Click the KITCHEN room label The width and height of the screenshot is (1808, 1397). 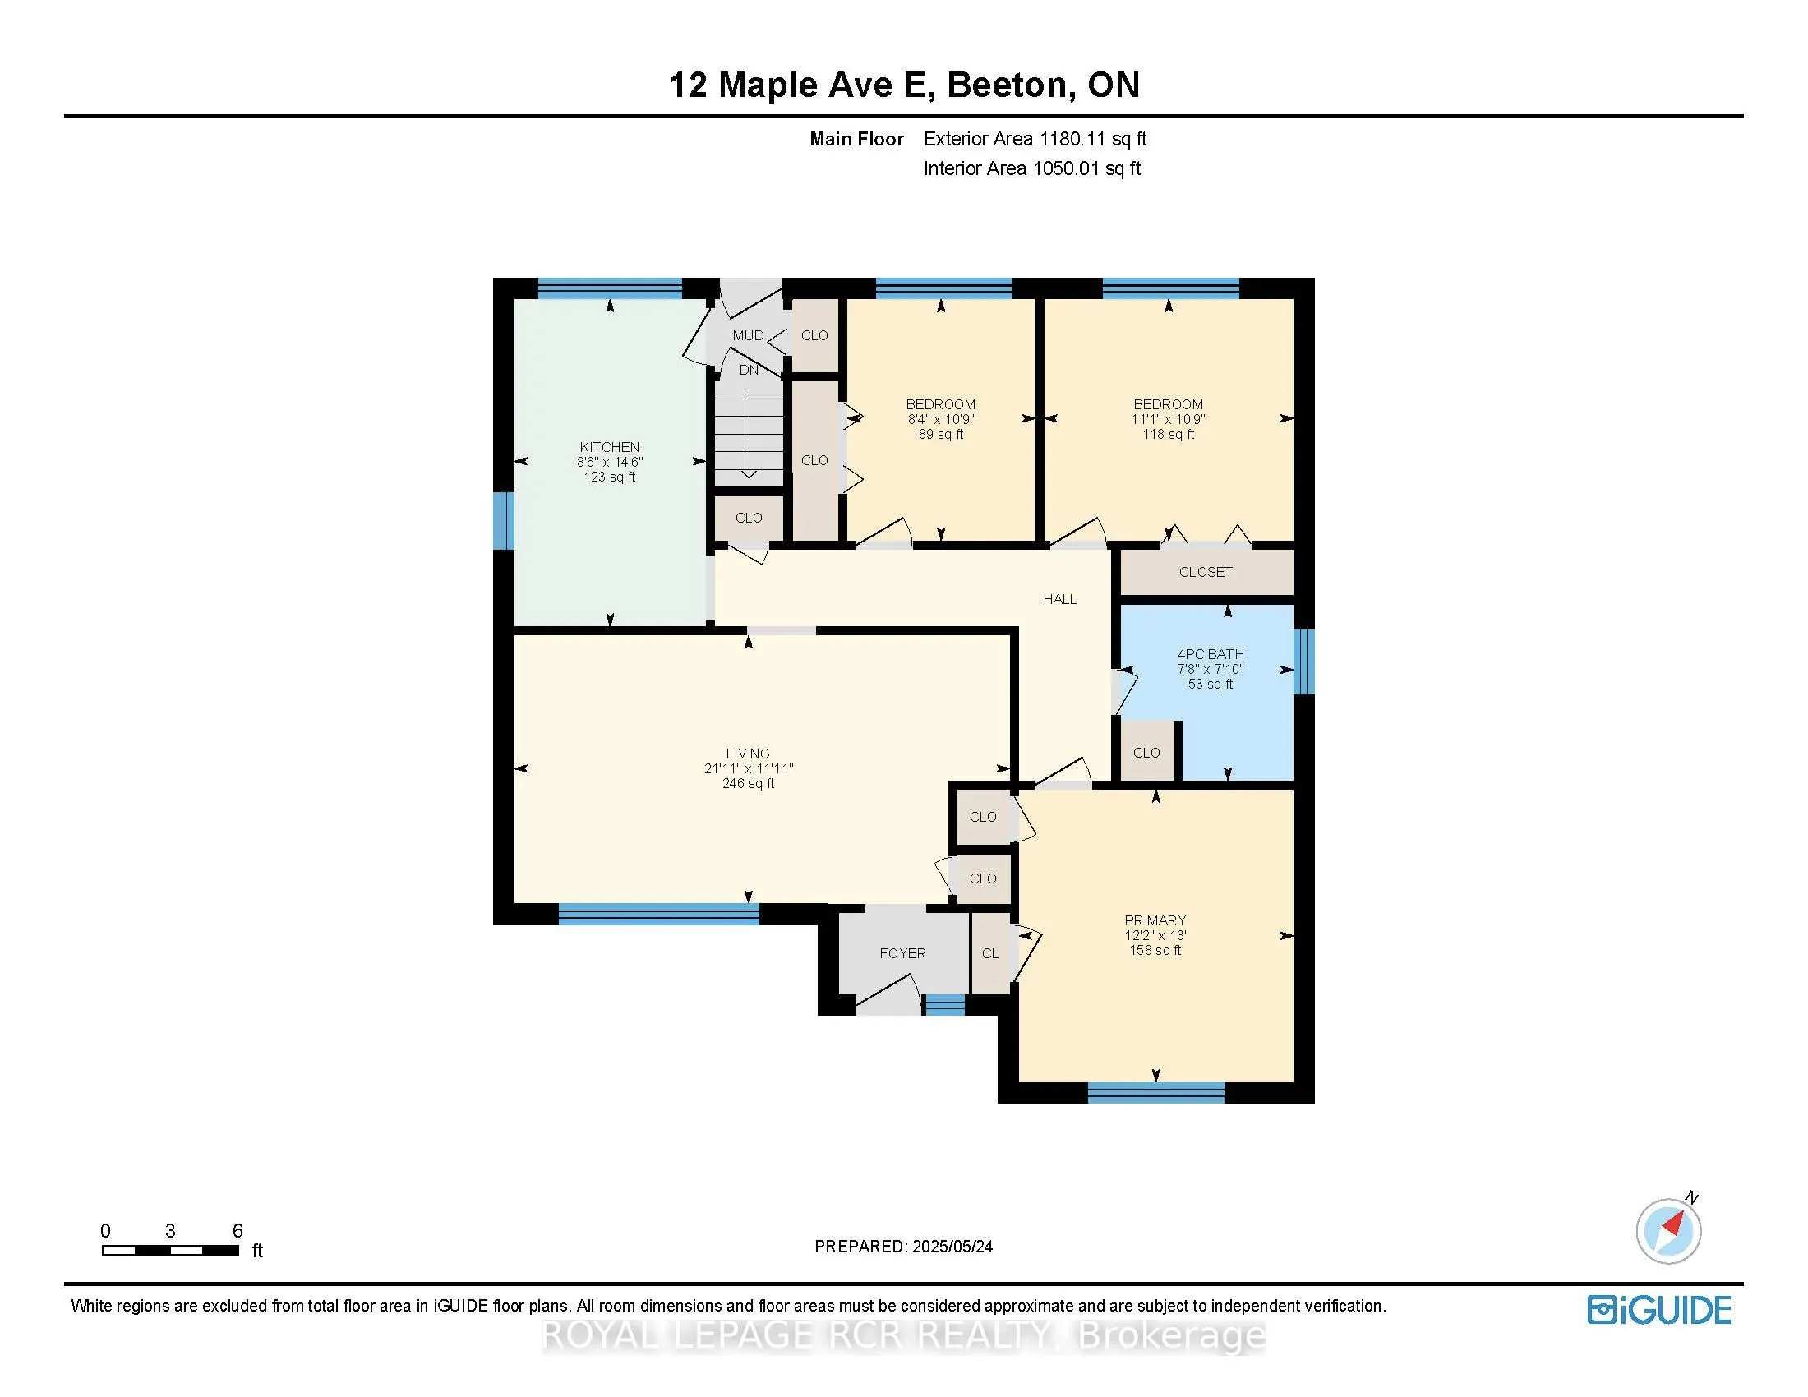609,447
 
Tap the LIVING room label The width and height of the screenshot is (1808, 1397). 748,753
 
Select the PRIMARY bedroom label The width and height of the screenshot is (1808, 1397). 1155,920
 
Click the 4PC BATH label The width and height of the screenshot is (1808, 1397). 1211,654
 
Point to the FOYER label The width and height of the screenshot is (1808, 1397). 902,953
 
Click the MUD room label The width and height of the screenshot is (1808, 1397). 748,335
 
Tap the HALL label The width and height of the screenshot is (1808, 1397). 1059,599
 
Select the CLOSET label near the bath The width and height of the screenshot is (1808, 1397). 1206,572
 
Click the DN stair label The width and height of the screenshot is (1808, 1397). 749,370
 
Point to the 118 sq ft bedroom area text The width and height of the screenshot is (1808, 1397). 1168,434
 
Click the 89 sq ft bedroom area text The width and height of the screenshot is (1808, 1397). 940,434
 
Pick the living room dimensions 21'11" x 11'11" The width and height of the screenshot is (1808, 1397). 749,768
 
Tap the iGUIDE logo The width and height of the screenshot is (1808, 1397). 1659,1310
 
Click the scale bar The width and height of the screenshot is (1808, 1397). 171,1250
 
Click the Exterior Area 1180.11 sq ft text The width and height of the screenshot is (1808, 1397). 1035,139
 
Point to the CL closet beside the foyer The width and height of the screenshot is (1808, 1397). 990,953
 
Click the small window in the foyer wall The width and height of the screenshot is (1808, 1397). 944,1005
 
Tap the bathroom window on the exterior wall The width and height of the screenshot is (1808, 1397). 1304,662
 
